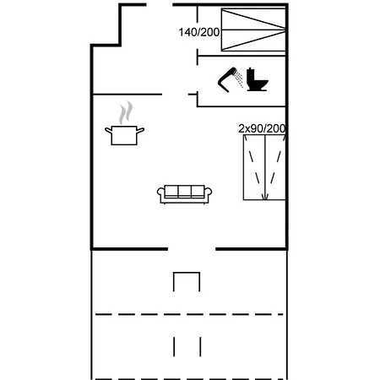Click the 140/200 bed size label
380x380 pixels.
click(x=199, y=32)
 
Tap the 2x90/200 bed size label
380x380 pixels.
click(x=262, y=128)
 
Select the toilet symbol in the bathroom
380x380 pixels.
click(x=258, y=79)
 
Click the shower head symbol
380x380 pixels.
click(x=226, y=79)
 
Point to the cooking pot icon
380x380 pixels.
click(x=124, y=135)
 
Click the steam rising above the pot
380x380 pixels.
click(x=126, y=113)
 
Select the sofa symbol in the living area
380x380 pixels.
click(x=184, y=194)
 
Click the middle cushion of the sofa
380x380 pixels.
click(x=184, y=191)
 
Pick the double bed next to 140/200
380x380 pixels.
click(x=253, y=30)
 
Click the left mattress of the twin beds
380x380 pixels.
click(x=254, y=167)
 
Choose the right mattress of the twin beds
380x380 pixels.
click(x=275, y=167)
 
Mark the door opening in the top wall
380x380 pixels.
click(x=160, y=4)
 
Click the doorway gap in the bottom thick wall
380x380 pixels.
click(x=192, y=249)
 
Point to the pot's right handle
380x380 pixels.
click(x=140, y=130)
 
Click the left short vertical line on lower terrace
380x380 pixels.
click(x=174, y=347)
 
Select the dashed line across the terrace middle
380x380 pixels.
click(x=189, y=314)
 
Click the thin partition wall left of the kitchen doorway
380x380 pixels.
click(x=128, y=95)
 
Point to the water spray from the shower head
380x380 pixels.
click(x=239, y=79)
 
